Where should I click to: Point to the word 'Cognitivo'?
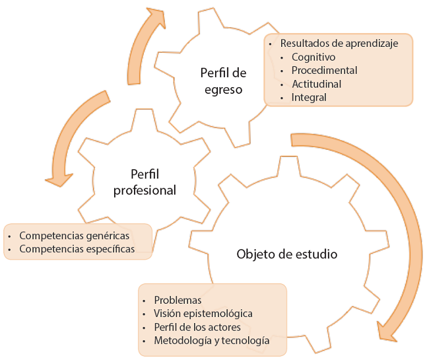[x=313, y=57]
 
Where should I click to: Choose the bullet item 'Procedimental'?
[x=324, y=70]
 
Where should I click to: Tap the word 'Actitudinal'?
[x=316, y=84]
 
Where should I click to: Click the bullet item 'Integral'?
[x=309, y=97]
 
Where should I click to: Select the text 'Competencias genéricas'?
[x=75, y=235]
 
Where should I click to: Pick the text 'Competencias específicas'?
[x=77, y=249]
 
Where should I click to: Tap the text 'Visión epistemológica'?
[x=203, y=313]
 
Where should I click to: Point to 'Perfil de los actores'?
[x=197, y=327]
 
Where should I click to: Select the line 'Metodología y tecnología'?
[x=211, y=341]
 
